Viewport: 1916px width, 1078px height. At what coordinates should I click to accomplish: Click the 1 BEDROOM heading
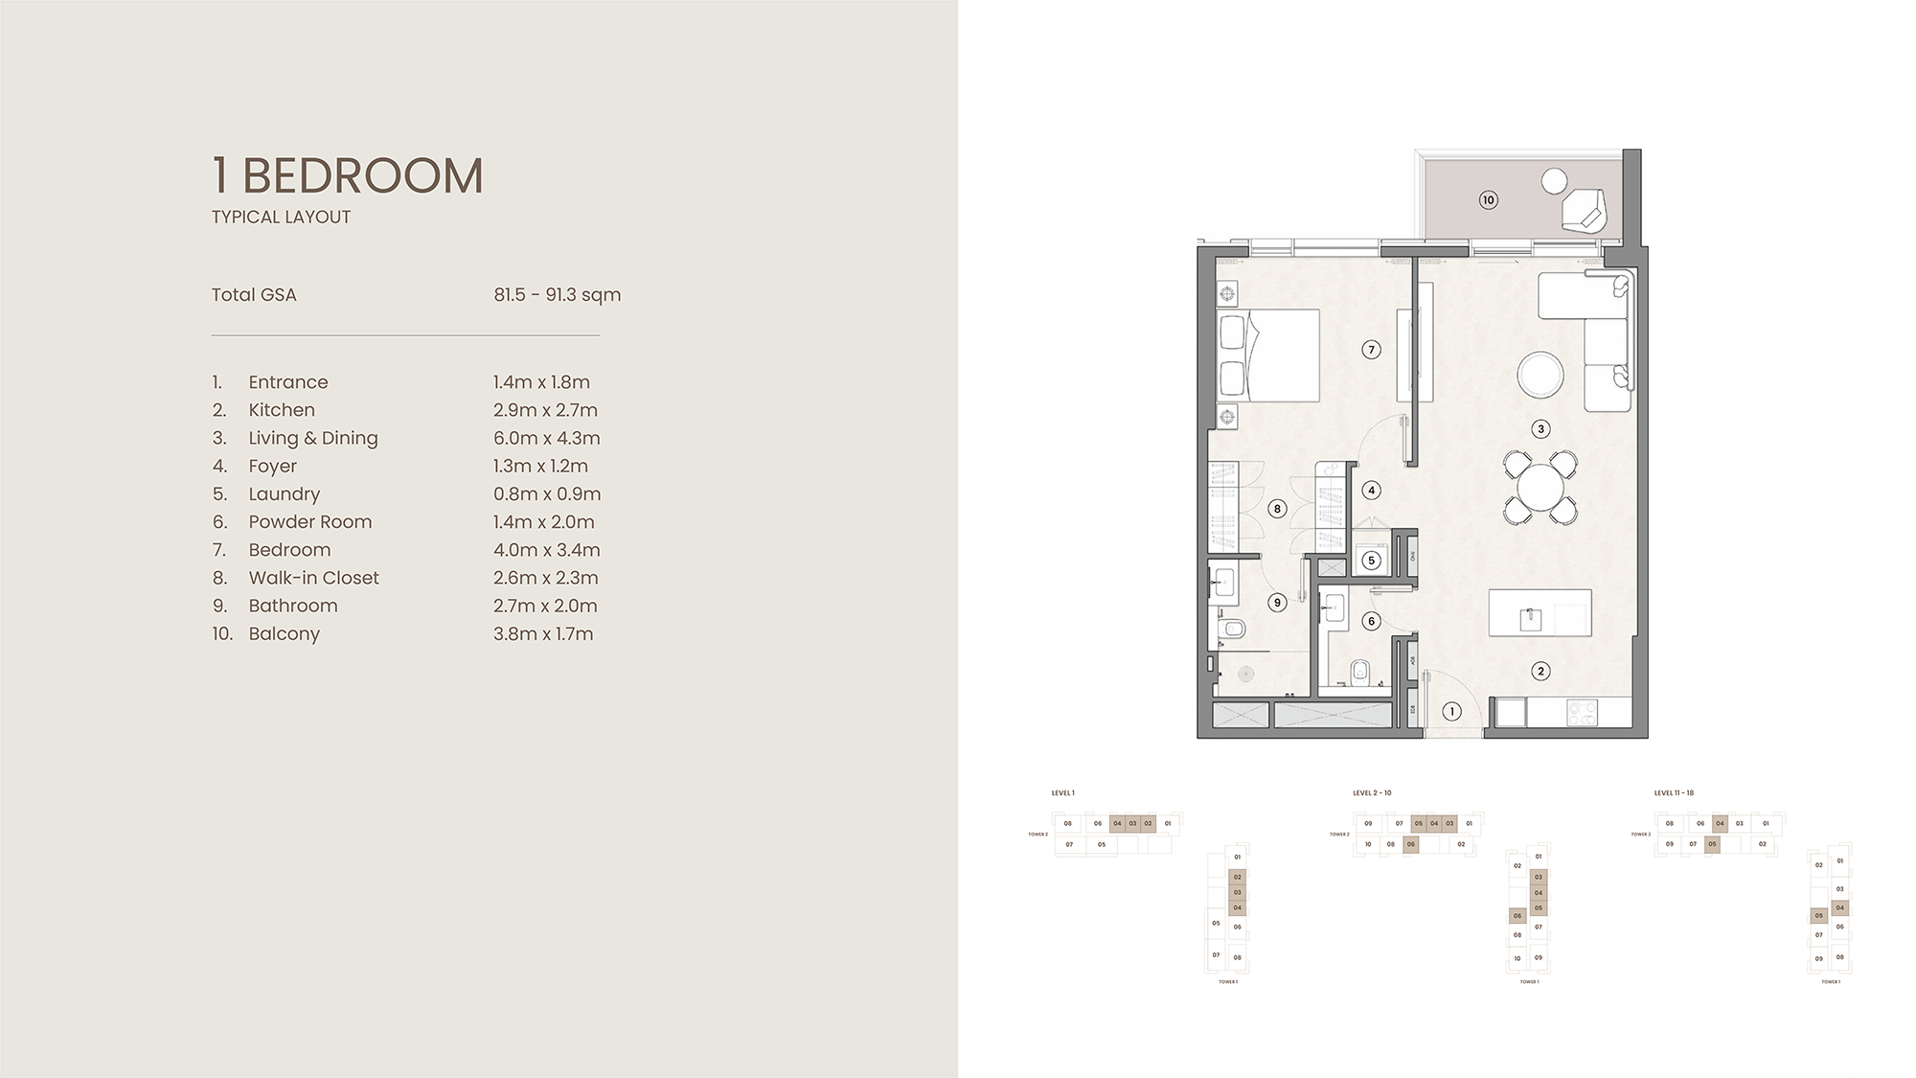click(347, 176)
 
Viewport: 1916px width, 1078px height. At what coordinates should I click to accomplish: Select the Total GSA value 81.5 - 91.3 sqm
click(557, 295)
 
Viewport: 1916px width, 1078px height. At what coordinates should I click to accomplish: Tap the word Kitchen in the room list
click(282, 410)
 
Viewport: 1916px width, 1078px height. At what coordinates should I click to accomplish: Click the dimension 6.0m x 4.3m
click(546, 438)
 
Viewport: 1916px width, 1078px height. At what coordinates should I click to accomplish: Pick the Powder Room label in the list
click(309, 522)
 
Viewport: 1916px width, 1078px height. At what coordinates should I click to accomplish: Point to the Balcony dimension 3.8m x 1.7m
click(543, 634)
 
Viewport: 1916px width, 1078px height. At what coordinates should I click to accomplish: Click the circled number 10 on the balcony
click(1488, 200)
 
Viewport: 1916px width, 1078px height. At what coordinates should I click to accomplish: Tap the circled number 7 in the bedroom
click(1371, 350)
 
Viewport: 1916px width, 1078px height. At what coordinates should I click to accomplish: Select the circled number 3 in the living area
click(1540, 429)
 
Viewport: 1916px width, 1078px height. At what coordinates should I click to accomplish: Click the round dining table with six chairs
click(1540, 487)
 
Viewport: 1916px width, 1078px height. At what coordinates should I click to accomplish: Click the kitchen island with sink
click(1540, 613)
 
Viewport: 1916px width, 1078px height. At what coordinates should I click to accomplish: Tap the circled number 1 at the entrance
click(1451, 711)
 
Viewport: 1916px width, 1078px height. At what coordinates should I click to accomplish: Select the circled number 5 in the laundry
click(1371, 561)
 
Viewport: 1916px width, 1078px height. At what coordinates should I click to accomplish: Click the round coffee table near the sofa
click(1540, 375)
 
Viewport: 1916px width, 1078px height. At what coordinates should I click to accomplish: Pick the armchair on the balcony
click(1584, 210)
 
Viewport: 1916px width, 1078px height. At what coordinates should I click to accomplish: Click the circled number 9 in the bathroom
click(1276, 603)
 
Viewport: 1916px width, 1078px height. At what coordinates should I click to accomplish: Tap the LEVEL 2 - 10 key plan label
click(1372, 793)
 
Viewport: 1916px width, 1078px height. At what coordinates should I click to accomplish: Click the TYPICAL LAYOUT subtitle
click(281, 218)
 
